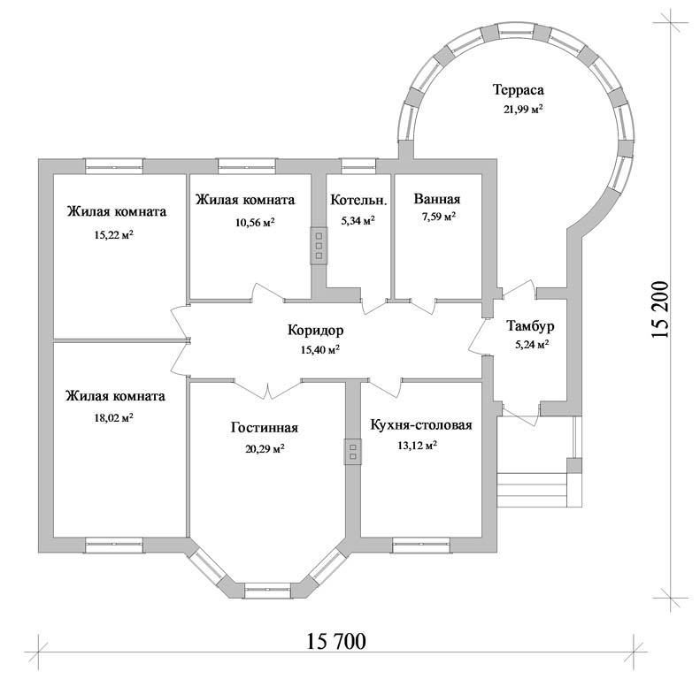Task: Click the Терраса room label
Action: coord(519,89)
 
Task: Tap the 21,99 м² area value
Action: coord(523,110)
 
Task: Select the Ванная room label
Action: coord(436,199)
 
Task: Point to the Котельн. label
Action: coord(358,201)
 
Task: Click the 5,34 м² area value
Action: coord(358,220)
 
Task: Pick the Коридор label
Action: coord(316,330)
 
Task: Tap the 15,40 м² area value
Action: coord(320,350)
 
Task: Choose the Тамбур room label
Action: coord(530,326)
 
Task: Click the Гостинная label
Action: coord(265,427)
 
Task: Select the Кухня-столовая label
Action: coord(421,424)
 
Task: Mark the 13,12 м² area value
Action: coord(417,446)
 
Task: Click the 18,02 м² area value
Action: coord(114,418)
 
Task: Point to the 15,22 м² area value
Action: coord(114,234)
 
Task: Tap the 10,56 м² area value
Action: coord(255,222)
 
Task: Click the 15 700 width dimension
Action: coord(336,642)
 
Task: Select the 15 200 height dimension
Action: coord(661,309)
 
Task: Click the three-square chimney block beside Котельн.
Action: coord(319,246)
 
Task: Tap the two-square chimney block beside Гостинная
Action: coord(353,452)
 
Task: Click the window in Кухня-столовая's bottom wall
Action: coord(421,545)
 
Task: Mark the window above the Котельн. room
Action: coord(359,166)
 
